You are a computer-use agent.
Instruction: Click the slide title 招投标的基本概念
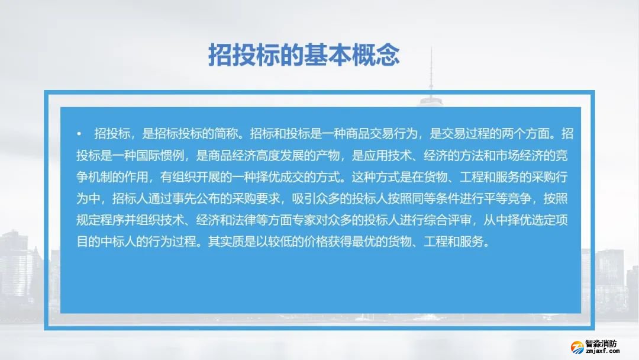coord(304,55)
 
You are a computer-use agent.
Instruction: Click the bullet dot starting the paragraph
coord(79,133)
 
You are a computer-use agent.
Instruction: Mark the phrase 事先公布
coord(208,199)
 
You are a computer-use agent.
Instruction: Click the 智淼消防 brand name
coord(601,343)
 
